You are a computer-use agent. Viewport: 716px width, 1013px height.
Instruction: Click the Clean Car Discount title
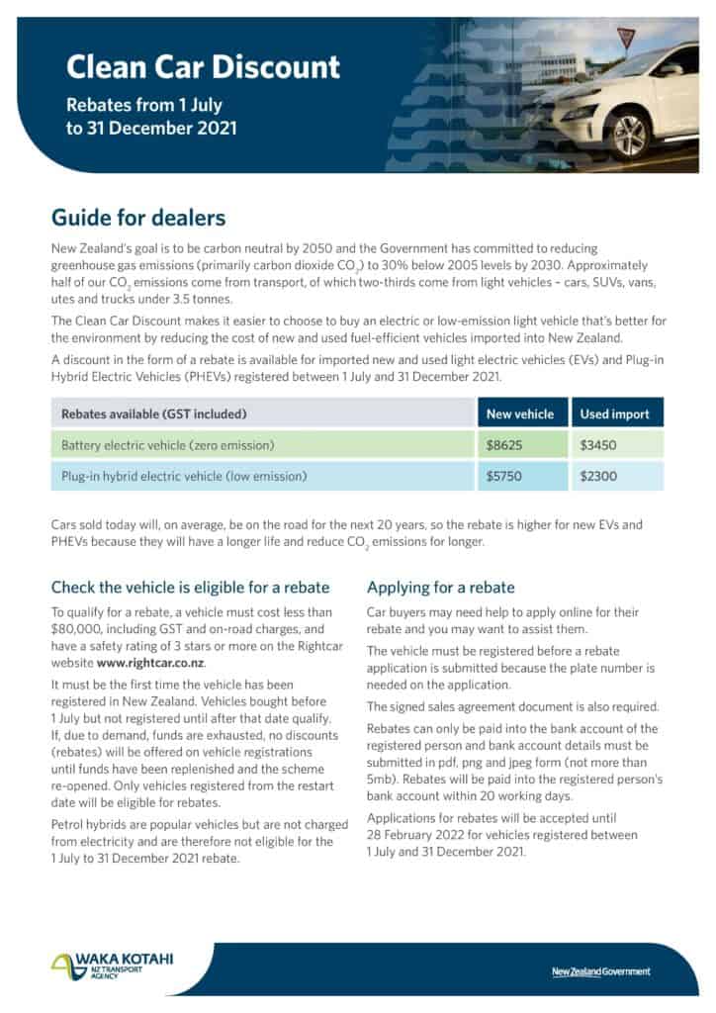pyautogui.click(x=203, y=66)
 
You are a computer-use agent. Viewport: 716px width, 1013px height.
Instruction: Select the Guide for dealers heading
pyautogui.click(x=138, y=217)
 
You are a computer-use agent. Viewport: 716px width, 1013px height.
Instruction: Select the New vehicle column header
pyautogui.click(x=520, y=414)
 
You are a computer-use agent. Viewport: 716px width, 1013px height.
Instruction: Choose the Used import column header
pyautogui.click(x=616, y=414)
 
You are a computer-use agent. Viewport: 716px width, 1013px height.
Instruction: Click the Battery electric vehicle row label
pyautogui.click(x=167, y=445)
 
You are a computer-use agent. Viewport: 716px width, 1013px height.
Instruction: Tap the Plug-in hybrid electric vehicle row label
pyautogui.click(x=184, y=476)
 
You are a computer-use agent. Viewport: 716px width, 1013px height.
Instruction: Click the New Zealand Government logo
pyautogui.click(x=601, y=971)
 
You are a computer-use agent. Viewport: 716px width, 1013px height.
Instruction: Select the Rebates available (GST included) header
pyautogui.click(x=154, y=414)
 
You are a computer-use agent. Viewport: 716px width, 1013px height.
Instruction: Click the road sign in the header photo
pyautogui.click(x=625, y=36)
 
